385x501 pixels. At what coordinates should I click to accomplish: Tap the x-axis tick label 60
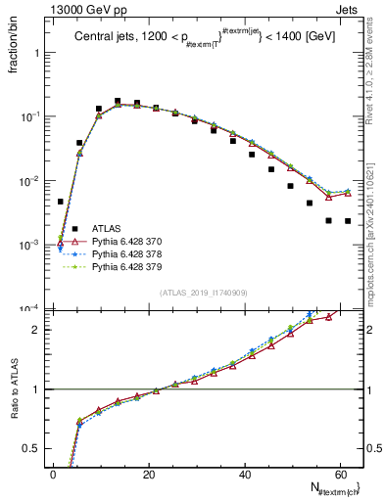pos(339,474)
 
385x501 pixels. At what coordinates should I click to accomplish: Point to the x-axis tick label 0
pos(53,474)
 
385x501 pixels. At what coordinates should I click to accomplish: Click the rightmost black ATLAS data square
pos(348,221)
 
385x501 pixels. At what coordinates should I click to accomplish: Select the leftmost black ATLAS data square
pos(61,202)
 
